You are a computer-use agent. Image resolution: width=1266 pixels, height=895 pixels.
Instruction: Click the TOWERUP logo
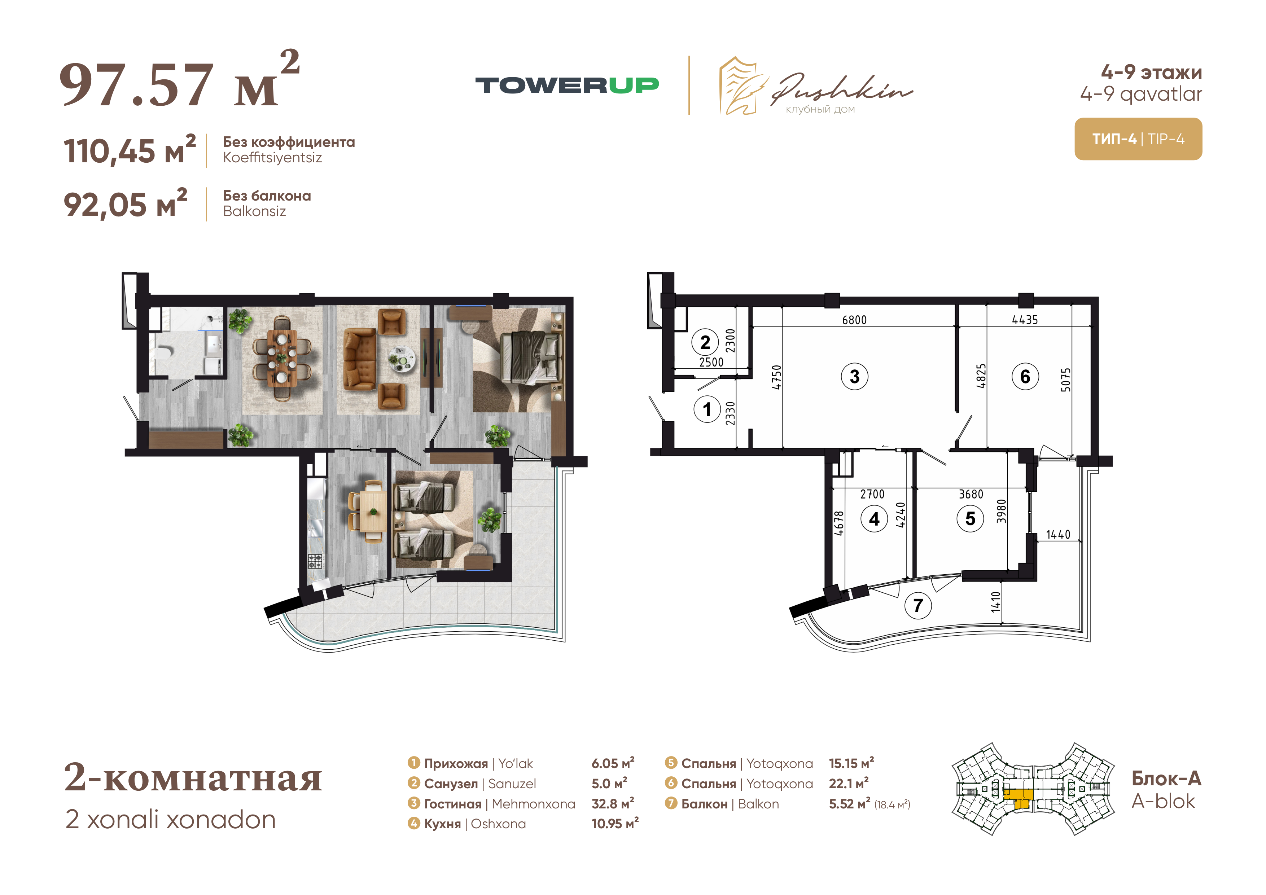pos(567,85)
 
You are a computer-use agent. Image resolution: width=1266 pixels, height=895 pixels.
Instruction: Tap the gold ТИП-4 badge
pos(1138,139)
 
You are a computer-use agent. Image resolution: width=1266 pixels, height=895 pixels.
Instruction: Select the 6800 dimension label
pos(854,320)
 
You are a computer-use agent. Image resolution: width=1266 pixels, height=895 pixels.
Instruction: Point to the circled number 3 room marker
pos(854,377)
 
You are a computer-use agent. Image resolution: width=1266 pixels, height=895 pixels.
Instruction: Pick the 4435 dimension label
pos(1025,320)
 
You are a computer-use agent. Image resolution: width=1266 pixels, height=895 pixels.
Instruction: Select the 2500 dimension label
pos(711,362)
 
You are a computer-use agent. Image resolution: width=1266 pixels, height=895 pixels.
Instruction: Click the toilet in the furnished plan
pos(165,352)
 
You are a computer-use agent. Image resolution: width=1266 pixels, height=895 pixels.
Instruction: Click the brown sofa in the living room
pos(359,359)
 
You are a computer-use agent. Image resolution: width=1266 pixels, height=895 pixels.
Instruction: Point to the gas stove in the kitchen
pos(315,561)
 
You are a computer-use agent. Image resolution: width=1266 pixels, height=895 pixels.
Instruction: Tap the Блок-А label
pos(1166,778)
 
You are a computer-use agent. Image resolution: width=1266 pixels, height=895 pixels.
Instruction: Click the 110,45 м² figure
pos(130,150)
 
